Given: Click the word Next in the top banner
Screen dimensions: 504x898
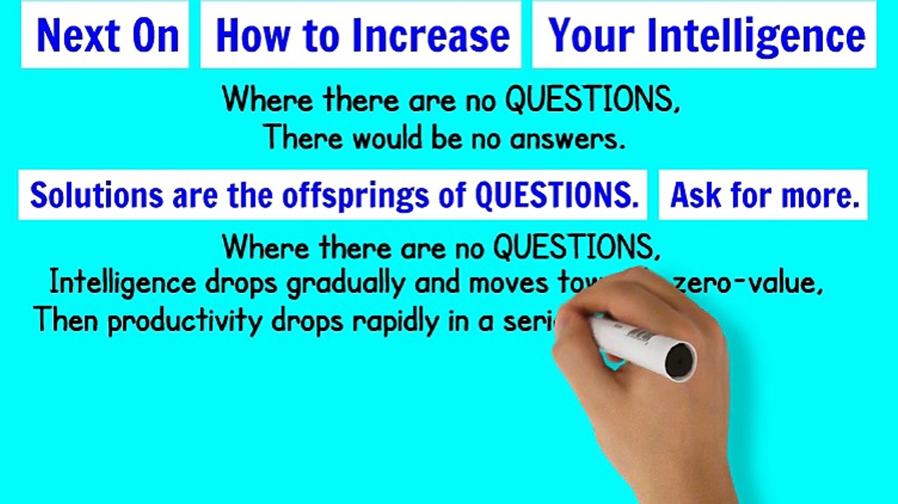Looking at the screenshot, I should pyautogui.click(x=77, y=35).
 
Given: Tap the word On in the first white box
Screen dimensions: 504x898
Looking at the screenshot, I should pyautogui.click(x=155, y=35).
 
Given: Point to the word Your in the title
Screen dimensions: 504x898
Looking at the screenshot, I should pyautogui.click(x=591, y=35).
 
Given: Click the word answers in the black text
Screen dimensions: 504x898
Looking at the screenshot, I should pyautogui.click(x=567, y=139).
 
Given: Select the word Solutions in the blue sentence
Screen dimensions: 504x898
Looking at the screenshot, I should pyautogui.click(x=96, y=195).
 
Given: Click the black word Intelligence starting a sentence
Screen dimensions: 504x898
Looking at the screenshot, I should pyautogui.click(x=123, y=283).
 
